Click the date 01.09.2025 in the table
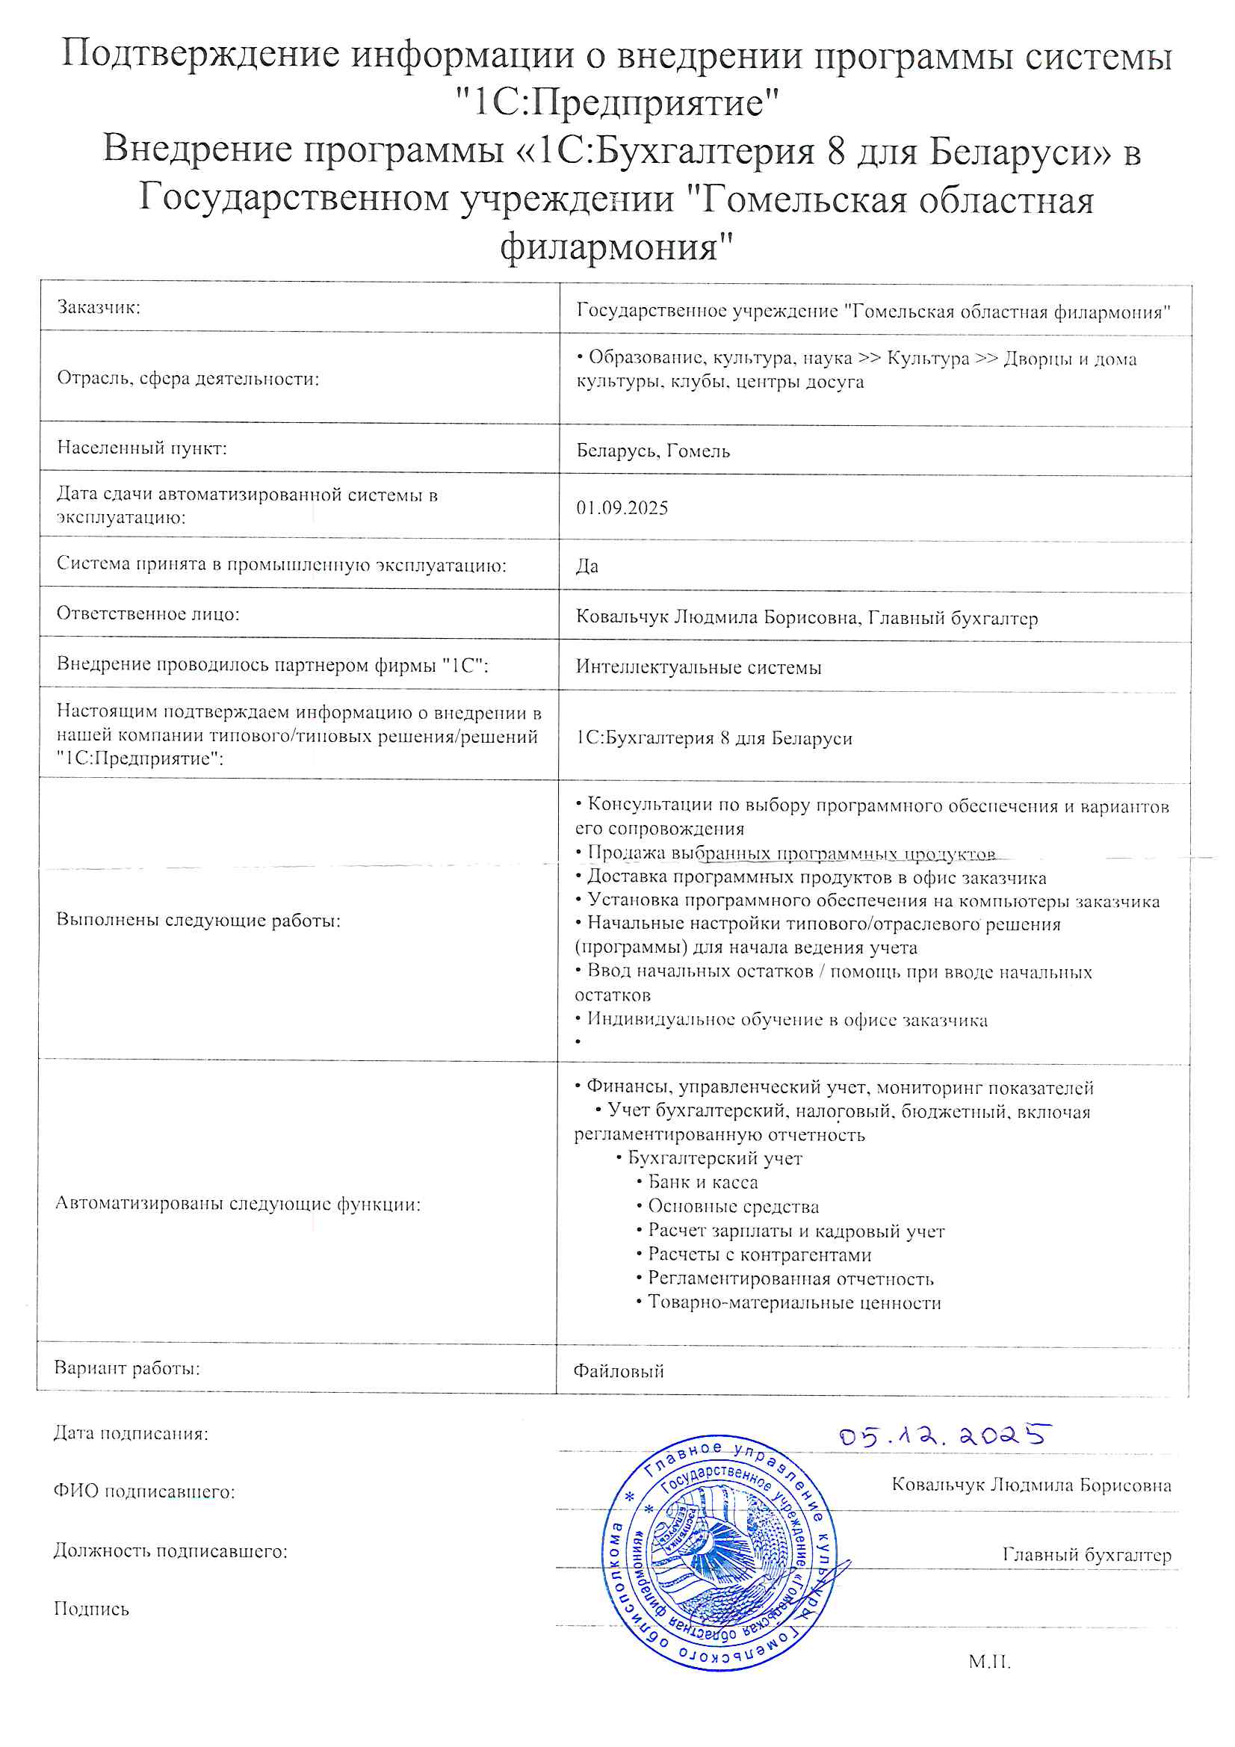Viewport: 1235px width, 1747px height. [622, 507]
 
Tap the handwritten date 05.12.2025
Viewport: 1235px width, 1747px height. [944, 1436]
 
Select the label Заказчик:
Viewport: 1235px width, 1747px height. [99, 307]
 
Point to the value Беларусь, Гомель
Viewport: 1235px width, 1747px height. [653, 451]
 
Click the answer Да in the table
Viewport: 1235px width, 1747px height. [586, 566]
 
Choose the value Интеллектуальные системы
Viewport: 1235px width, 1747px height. [698, 667]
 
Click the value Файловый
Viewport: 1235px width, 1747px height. [618, 1371]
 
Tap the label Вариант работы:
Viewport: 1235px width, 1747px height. [126, 1367]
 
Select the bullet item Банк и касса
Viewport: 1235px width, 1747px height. [702, 1181]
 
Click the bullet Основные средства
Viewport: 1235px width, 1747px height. [732, 1206]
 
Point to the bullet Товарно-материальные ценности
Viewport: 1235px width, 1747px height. [793, 1302]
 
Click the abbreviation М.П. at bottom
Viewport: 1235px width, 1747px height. [989, 1662]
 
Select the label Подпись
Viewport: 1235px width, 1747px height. [91, 1609]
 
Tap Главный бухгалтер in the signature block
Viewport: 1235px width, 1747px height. [1086, 1554]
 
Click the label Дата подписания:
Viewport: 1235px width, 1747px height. [131, 1433]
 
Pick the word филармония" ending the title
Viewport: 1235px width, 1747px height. [617, 246]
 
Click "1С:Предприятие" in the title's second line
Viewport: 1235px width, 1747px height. [617, 102]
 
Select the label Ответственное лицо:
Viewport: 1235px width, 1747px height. [148, 614]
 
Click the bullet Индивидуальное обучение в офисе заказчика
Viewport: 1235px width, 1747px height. [786, 1020]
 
